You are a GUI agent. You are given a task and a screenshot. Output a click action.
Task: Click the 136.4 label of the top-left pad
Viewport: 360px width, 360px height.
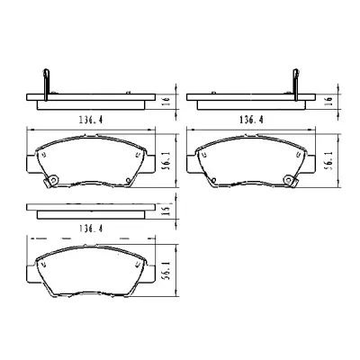point(91,120)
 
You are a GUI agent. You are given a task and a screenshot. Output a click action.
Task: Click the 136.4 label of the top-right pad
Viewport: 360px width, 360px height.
point(251,120)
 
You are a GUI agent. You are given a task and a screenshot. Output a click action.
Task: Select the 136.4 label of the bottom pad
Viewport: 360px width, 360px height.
point(91,229)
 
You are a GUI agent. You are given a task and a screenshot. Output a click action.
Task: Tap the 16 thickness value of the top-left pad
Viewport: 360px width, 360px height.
point(166,101)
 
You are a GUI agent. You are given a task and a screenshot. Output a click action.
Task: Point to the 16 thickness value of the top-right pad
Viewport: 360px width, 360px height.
point(329,101)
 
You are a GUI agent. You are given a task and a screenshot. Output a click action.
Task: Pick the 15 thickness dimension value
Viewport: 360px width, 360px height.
point(166,210)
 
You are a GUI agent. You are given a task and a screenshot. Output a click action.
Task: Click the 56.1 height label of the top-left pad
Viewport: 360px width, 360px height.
point(166,160)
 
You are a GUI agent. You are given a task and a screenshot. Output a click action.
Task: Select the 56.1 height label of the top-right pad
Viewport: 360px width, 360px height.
point(329,160)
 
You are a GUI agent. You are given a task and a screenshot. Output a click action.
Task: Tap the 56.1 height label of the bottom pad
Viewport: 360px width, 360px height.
point(166,270)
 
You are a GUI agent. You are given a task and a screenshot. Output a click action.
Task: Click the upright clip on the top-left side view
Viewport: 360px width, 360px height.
point(46,85)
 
